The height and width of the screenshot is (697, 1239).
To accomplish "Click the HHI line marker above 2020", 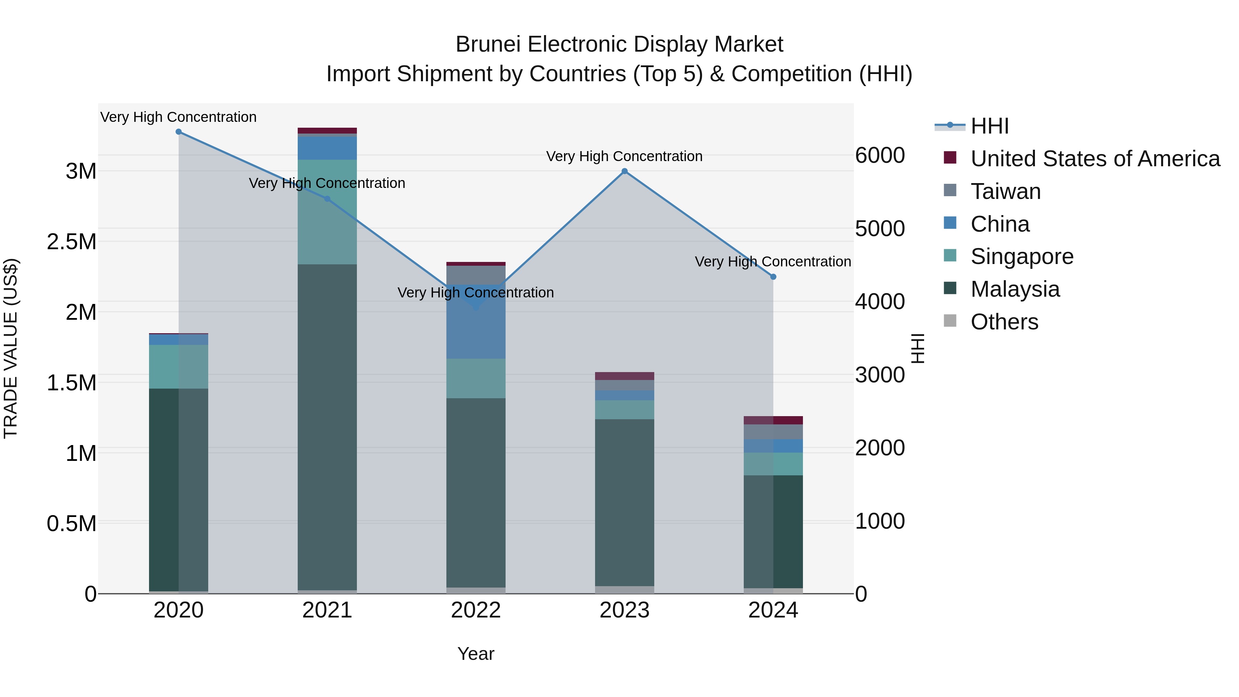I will tap(178, 132).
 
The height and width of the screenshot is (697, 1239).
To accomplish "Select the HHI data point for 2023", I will tap(624, 171).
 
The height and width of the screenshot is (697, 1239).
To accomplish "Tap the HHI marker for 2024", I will tap(773, 277).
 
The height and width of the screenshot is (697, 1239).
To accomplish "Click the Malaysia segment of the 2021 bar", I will tap(327, 428).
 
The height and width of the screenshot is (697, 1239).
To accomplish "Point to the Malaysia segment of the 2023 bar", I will tap(624, 503).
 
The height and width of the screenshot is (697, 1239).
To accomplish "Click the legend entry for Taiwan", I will tap(1005, 191).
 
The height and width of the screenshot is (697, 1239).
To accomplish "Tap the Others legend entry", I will tap(1004, 322).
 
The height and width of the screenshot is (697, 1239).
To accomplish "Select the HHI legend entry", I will tap(989, 126).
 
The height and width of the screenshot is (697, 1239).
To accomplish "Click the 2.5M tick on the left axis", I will tap(72, 242).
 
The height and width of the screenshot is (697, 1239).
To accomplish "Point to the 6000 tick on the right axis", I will tap(880, 155).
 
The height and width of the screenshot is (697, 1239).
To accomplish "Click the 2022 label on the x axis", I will tap(476, 610).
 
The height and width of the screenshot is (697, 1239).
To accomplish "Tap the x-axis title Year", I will tap(476, 654).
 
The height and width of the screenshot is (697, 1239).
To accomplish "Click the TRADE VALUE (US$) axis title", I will tap(11, 348).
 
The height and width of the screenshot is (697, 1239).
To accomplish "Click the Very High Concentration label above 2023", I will tap(624, 156).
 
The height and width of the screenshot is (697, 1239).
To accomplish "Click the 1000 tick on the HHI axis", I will tap(880, 521).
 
